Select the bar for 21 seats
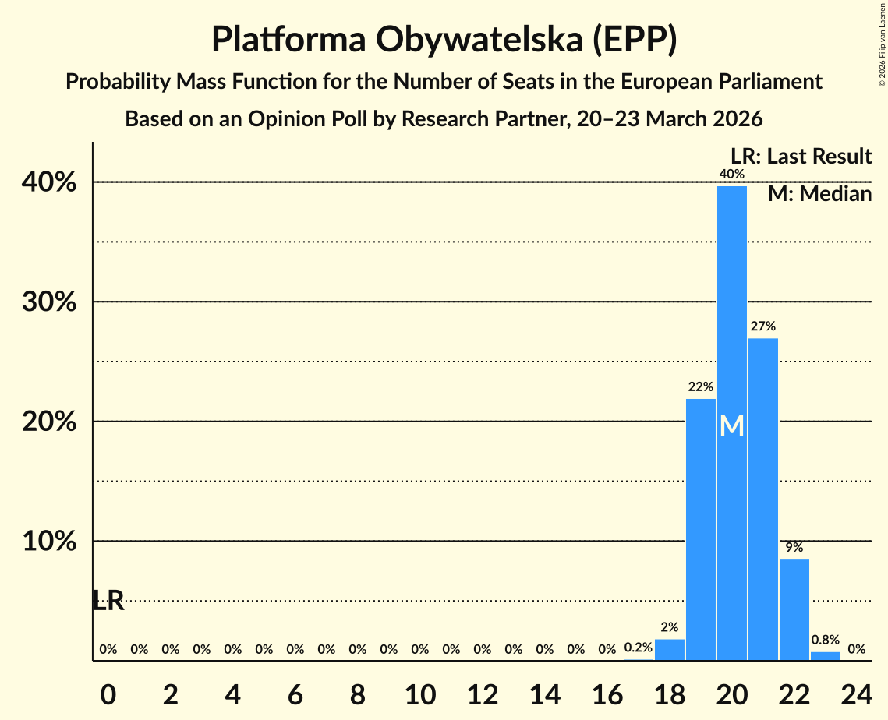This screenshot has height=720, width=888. tap(762, 499)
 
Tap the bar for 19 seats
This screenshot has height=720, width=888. tap(700, 529)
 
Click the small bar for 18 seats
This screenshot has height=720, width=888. tap(669, 650)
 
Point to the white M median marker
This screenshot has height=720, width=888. tap(731, 426)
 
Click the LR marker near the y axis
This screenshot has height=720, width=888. tap(108, 601)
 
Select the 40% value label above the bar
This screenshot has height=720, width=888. tap(731, 174)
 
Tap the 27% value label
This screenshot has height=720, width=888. tap(762, 326)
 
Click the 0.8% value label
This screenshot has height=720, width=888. tap(825, 640)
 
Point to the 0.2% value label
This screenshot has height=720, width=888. tap(638, 648)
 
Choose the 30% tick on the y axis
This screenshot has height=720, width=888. tap(53, 302)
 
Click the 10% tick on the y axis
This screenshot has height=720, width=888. tap(53, 541)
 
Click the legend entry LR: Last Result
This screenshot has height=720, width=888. tap(801, 157)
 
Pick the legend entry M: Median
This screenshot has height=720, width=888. tap(819, 193)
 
